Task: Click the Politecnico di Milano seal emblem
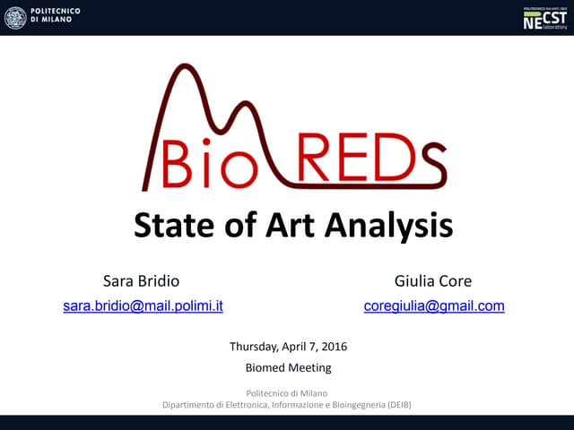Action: pos(15,17)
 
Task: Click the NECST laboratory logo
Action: pos(545,18)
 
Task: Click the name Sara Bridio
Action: pos(142,280)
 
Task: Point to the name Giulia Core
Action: pos(433,280)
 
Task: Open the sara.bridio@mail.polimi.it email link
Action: pos(143,305)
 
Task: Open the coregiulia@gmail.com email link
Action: pos(434,305)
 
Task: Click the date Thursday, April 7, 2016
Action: pos(288,347)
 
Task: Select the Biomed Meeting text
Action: pos(288,367)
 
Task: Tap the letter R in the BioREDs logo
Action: pos(321,161)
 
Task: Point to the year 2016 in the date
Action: pos(334,347)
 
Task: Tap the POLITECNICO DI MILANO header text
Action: pos(56,17)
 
